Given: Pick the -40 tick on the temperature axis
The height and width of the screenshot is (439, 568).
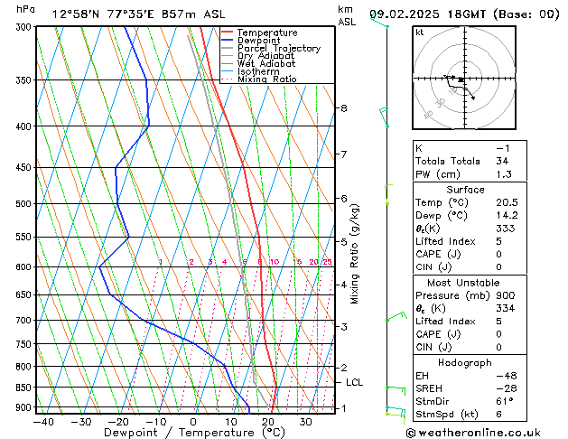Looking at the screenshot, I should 43,422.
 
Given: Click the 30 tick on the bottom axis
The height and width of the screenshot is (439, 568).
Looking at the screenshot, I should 305,422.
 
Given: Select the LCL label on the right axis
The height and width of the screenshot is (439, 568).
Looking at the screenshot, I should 355,382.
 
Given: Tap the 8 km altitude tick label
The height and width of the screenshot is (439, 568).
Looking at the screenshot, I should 343,108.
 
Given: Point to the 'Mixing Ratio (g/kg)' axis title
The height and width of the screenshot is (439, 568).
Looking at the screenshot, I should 355,254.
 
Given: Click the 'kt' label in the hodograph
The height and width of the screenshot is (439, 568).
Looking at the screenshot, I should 419,33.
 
